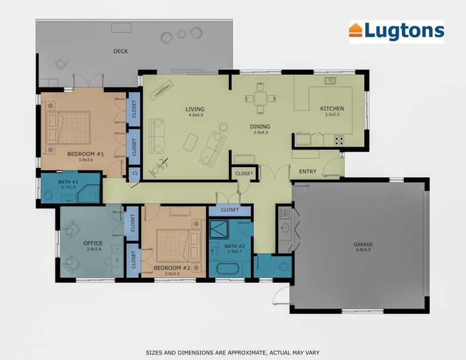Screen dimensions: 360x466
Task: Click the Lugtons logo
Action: tap(396, 30)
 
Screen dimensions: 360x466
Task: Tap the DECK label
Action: tap(121, 52)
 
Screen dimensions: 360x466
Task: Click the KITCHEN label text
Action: tap(332, 109)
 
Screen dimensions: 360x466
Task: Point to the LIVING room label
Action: tap(195, 109)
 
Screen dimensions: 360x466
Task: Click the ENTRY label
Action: tap(307, 172)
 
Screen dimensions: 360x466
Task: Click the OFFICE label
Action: tap(93, 243)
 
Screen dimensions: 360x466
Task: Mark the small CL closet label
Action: tap(134, 174)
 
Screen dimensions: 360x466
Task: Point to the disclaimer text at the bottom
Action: tap(233, 352)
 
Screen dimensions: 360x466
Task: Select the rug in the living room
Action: tap(190, 142)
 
